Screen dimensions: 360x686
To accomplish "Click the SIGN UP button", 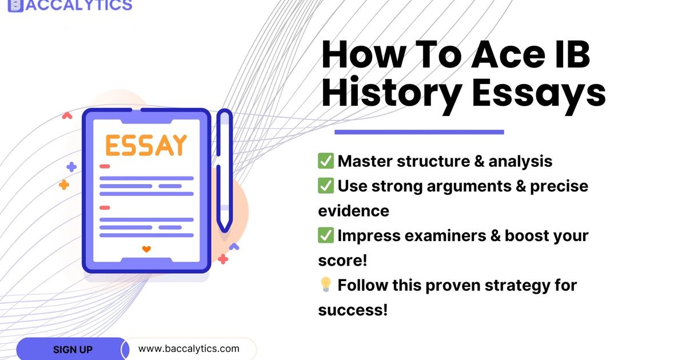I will click(x=73, y=349).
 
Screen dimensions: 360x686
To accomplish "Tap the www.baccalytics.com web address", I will click(x=189, y=349).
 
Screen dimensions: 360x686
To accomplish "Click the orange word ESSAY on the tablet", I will click(x=146, y=146).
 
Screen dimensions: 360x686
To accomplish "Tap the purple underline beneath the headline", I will click(x=419, y=132).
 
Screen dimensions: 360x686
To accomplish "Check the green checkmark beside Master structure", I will click(x=326, y=161).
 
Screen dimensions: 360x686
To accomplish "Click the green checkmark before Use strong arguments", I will click(x=326, y=186).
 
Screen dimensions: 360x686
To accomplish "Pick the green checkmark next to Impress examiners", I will click(x=326, y=235).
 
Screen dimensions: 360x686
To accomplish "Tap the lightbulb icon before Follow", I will click(x=326, y=285).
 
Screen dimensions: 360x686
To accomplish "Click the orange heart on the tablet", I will click(x=146, y=249).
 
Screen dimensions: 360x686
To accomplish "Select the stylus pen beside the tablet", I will click(x=225, y=171).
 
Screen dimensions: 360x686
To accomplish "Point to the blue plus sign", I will click(x=71, y=167).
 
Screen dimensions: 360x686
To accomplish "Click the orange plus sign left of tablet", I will click(x=64, y=185).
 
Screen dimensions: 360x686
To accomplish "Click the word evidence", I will click(x=353, y=211).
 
